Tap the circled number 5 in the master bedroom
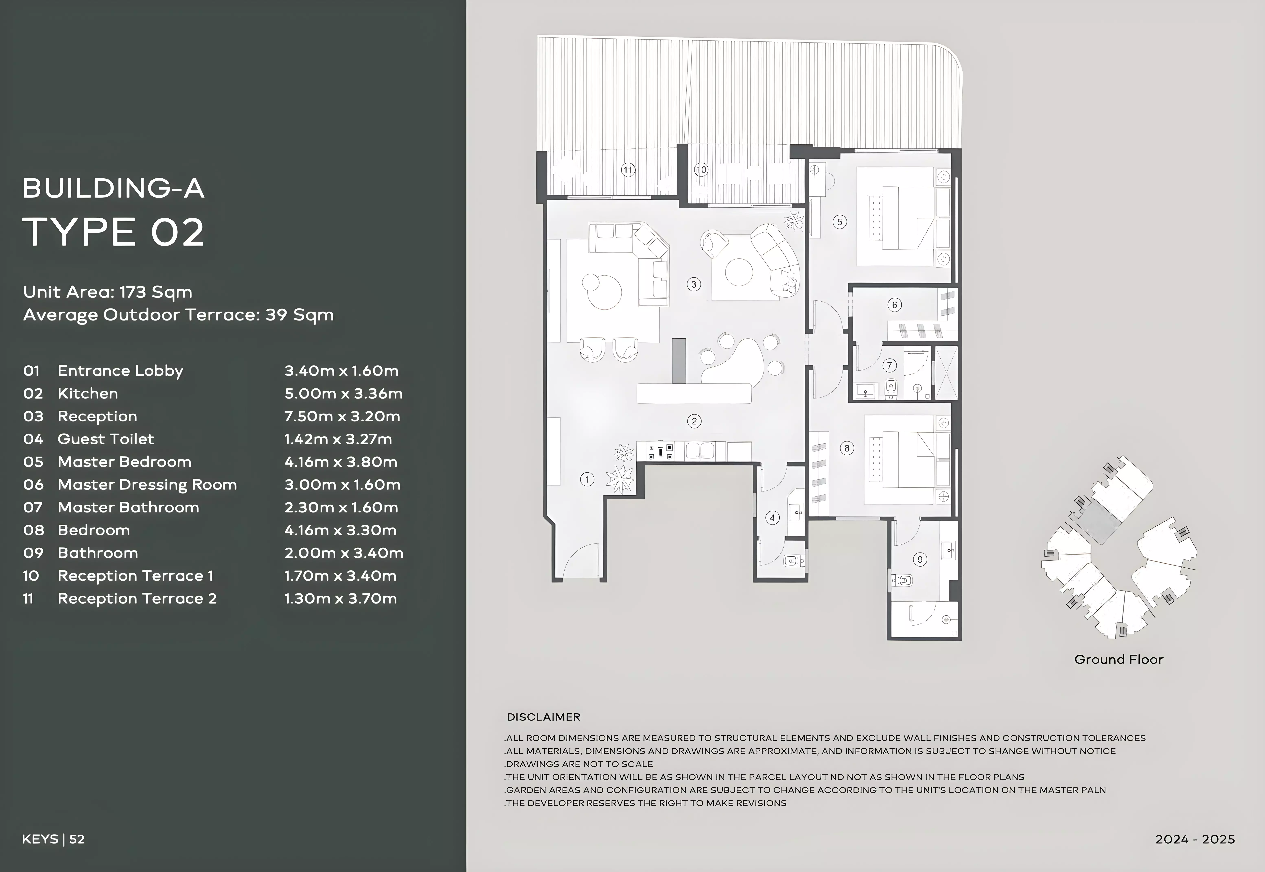[840, 222]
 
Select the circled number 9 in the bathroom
[920, 559]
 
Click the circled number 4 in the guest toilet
[773, 518]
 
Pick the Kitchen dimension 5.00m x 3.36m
[343, 393]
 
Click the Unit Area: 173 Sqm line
[108, 292]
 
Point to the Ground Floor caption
[1118, 659]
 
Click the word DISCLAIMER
[543, 717]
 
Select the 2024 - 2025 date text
[1195, 839]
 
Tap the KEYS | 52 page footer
[53, 839]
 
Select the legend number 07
[33, 508]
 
